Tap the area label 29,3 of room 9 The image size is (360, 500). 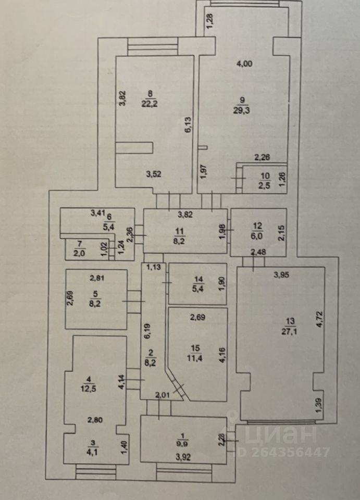coord(241,110)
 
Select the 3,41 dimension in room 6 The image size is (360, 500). coord(97,212)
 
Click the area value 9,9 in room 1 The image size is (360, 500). coord(183,444)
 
